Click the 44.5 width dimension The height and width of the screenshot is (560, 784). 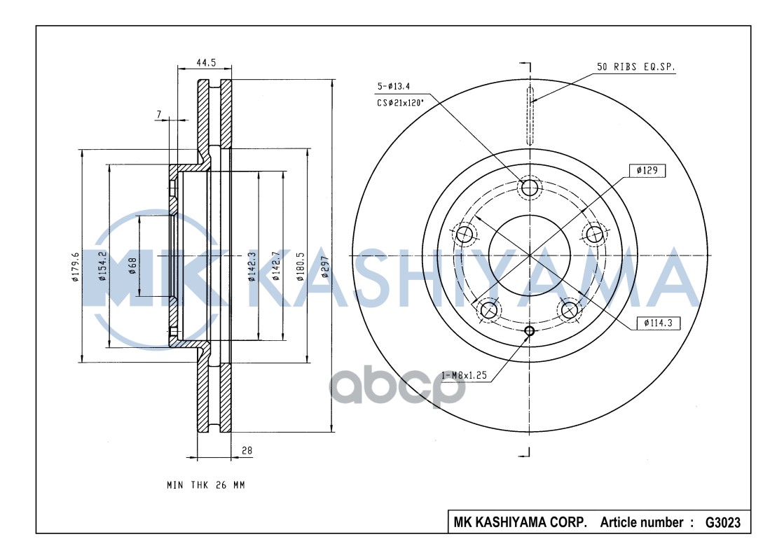[x=205, y=62]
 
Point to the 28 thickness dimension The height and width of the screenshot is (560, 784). [x=247, y=451]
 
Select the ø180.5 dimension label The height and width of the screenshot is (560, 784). [x=300, y=266]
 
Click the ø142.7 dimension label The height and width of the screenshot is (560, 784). [x=277, y=266]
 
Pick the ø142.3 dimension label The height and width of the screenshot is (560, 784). [x=251, y=267]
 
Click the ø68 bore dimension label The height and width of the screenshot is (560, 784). [x=132, y=266]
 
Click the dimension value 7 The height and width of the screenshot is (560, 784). [x=159, y=114]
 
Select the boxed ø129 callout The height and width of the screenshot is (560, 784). [x=647, y=170]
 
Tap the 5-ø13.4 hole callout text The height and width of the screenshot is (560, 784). [x=394, y=86]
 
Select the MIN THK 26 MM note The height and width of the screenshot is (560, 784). [x=205, y=485]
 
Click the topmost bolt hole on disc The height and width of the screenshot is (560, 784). [x=529, y=188]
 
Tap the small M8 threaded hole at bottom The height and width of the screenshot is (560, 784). [x=529, y=331]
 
